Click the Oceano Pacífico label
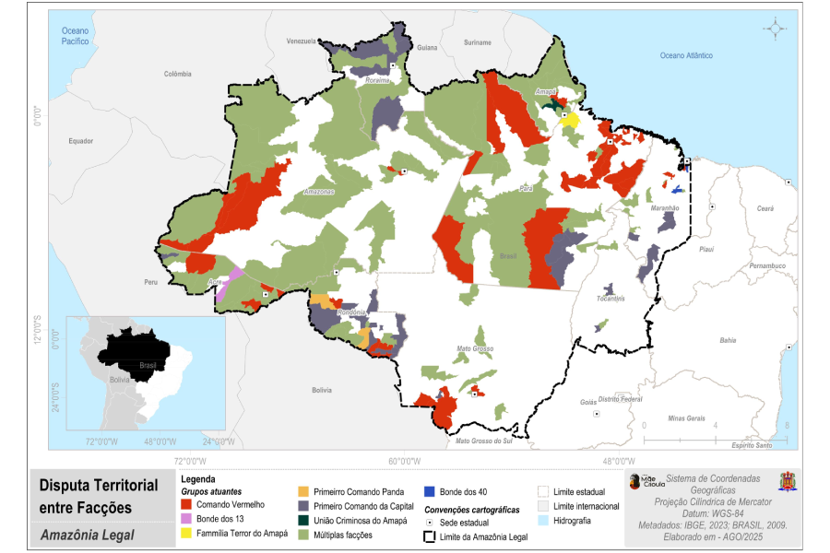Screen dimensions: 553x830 click(x=75, y=36)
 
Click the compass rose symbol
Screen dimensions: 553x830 click(x=776, y=29)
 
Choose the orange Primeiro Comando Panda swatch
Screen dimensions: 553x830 click(x=303, y=491)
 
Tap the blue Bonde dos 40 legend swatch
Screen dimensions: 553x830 click(x=430, y=491)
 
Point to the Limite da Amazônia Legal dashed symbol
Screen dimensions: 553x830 click(x=430, y=536)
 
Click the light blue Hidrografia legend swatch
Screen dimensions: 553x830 click(x=543, y=521)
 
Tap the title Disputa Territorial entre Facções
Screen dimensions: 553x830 click(x=99, y=496)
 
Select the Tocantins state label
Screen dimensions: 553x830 click(x=611, y=299)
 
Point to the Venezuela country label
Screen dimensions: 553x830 click(x=302, y=41)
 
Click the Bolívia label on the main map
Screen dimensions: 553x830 click(x=321, y=390)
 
